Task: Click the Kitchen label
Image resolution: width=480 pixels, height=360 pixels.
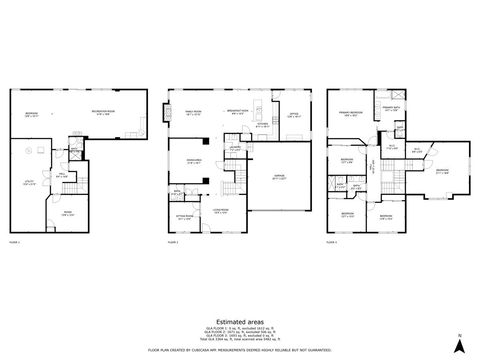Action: pyautogui.click(x=261, y=127)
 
